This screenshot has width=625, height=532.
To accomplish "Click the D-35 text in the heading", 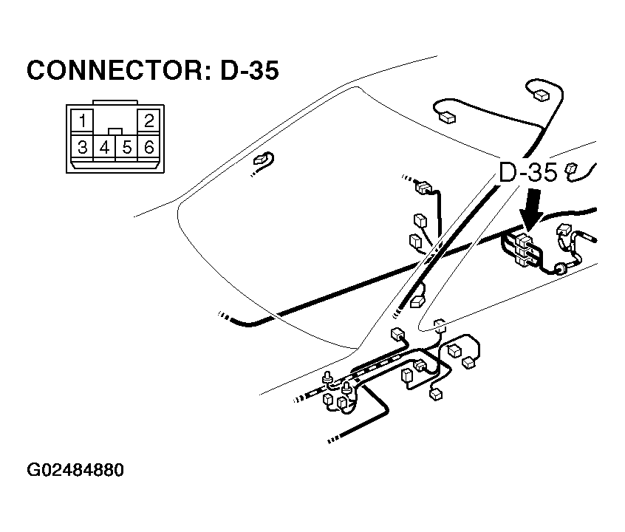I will [x=249, y=71].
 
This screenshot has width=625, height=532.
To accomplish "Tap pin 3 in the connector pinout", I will [x=83, y=148].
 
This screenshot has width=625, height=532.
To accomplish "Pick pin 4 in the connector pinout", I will [x=105, y=148].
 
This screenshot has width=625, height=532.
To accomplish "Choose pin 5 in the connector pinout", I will [x=127, y=148].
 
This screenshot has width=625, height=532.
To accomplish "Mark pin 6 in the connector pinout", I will [x=149, y=148].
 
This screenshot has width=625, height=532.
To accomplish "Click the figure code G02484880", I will [x=75, y=471].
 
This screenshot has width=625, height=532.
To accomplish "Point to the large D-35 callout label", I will [x=527, y=174].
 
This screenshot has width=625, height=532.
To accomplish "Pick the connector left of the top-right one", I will [x=446, y=115].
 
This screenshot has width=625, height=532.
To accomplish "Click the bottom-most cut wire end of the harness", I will [x=330, y=441].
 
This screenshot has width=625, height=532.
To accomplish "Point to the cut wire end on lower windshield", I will [x=222, y=316].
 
